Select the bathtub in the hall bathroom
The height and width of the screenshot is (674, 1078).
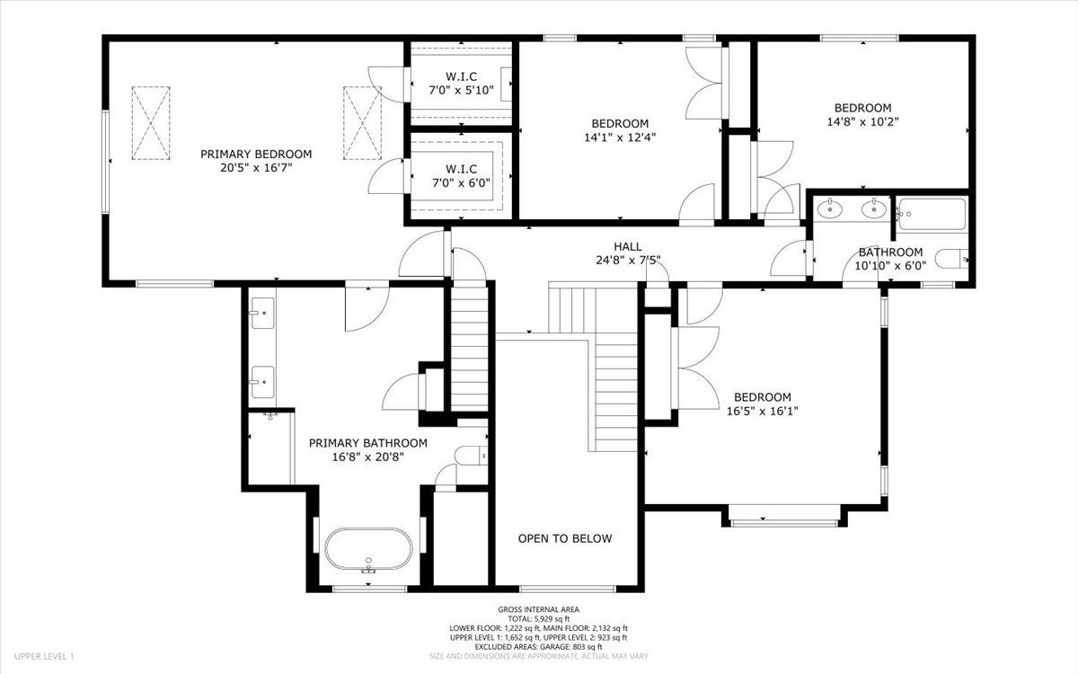click(932, 214)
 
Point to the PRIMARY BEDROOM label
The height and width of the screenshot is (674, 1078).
click(256, 154)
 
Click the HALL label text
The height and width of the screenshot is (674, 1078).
click(628, 246)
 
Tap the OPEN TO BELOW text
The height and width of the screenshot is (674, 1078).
click(565, 538)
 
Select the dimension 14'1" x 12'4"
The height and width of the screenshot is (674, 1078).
click(620, 137)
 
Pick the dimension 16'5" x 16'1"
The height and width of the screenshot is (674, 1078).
click(763, 412)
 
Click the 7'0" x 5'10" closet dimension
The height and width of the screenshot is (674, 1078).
click(461, 90)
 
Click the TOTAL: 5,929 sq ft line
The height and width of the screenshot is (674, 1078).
click(538, 618)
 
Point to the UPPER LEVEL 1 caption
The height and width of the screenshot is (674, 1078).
click(44, 656)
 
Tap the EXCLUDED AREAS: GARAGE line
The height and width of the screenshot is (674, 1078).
click(538, 646)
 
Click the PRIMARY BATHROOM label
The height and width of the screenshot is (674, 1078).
click(368, 443)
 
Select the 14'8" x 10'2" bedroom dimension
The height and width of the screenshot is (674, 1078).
click(863, 122)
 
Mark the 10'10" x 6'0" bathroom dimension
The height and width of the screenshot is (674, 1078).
click(890, 266)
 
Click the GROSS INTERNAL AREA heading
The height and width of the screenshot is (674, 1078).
click(538, 609)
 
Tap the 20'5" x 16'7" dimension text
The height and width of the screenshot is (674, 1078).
click(256, 168)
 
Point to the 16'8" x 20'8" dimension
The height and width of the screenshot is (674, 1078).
click(368, 457)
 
